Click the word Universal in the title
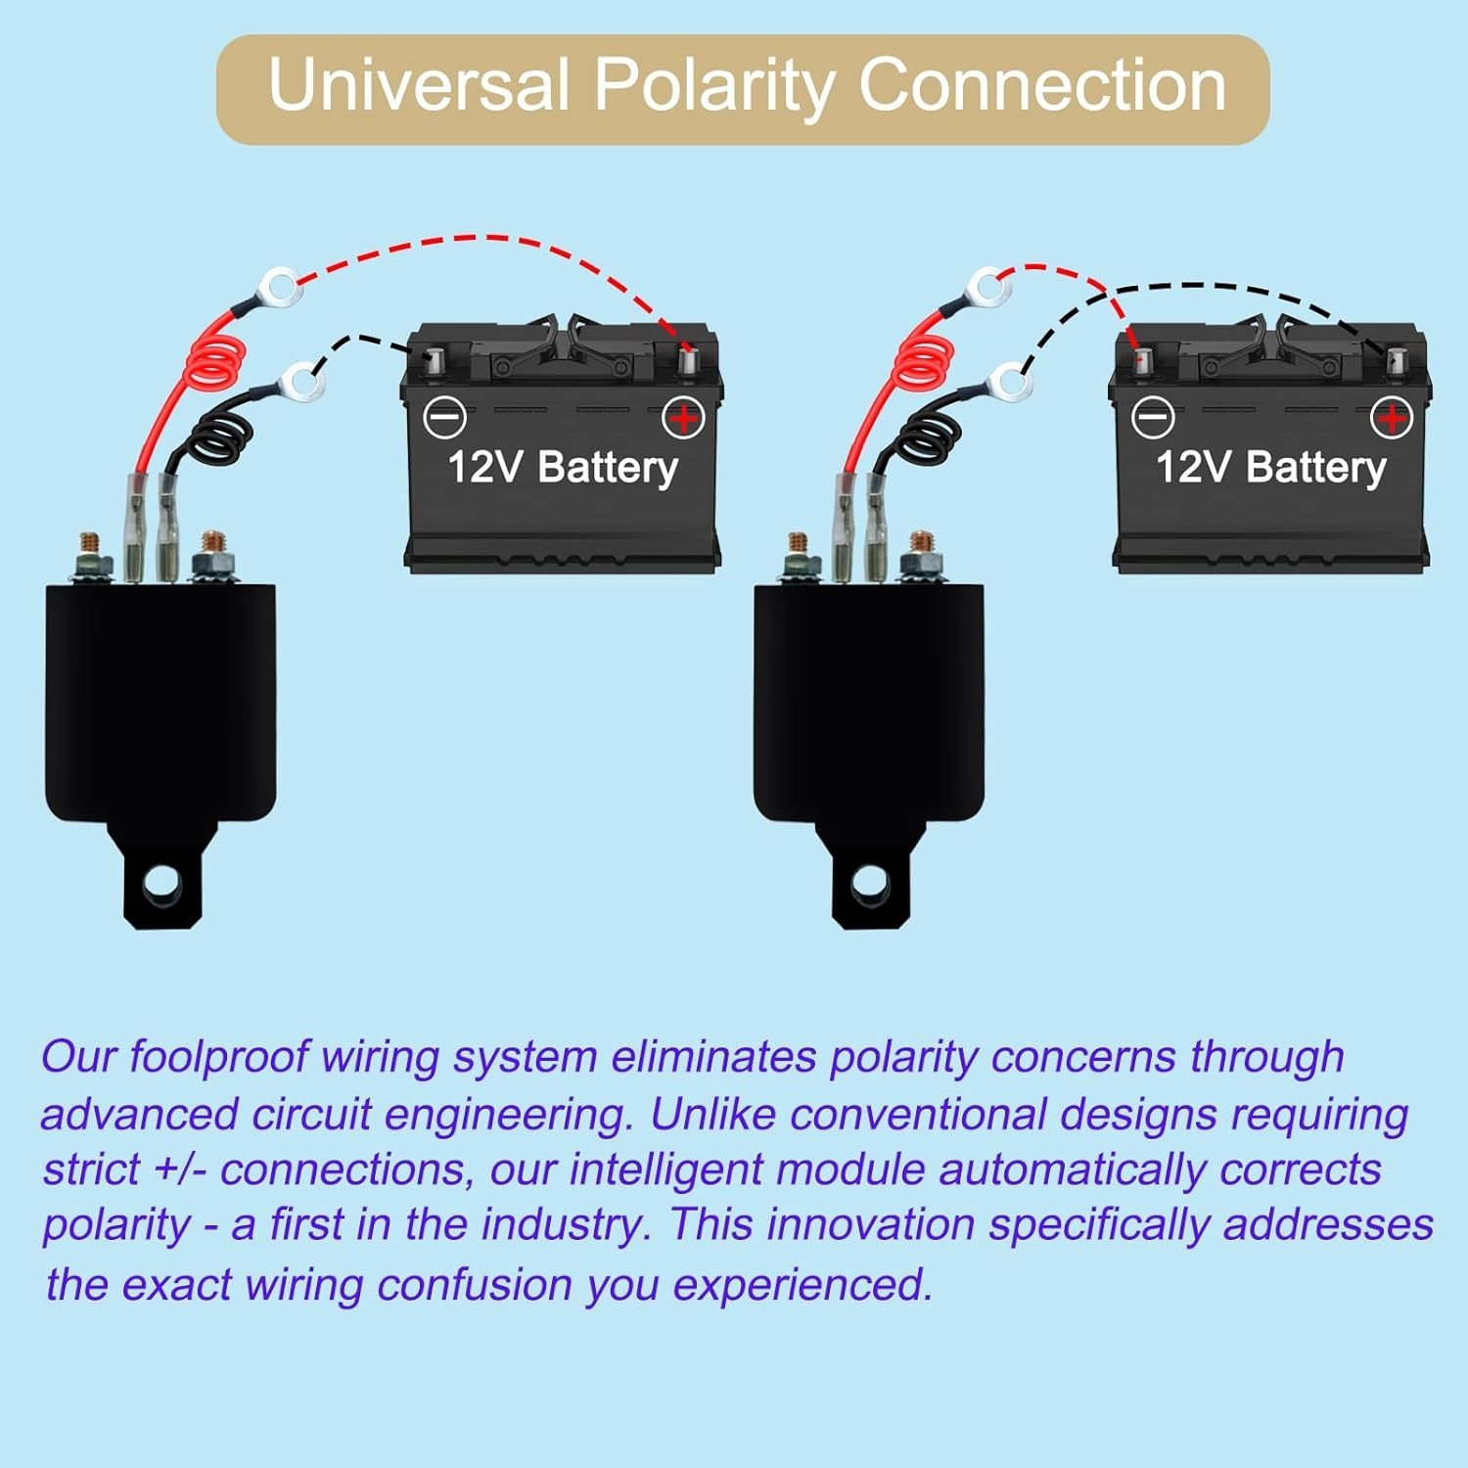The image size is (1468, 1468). click(419, 86)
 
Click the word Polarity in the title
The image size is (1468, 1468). click(713, 86)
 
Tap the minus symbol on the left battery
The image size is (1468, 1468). click(445, 418)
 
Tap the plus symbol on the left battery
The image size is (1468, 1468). click(683, 418)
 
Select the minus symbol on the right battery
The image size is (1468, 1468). click(1153, 418)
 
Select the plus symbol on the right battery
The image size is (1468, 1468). click(1391, 418)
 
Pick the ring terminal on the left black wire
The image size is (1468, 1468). click(302, 383)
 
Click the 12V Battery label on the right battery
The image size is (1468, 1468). click(1270, 468)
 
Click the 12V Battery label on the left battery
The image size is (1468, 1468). click(563, 468)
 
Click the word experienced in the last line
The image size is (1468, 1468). click(802, 1285)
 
